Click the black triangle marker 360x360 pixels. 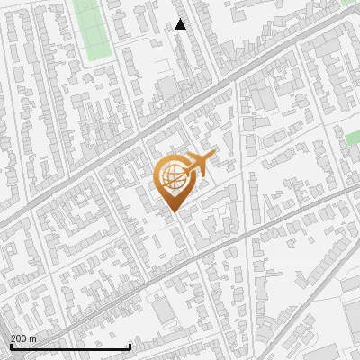coord(181,25)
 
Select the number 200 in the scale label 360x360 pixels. coord(20,338)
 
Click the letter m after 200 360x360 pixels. coord(33,338)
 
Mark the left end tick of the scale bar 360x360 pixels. coord(10,345)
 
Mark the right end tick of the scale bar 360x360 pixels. coord(130,345)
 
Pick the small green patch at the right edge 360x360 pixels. coord(353,138)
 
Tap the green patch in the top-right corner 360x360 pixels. coord(350,3)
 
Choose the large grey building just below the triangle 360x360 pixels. coord(167,87)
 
